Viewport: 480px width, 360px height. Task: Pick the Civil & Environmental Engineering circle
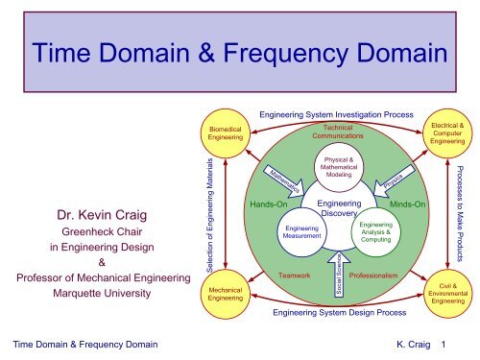tap(447, 292)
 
